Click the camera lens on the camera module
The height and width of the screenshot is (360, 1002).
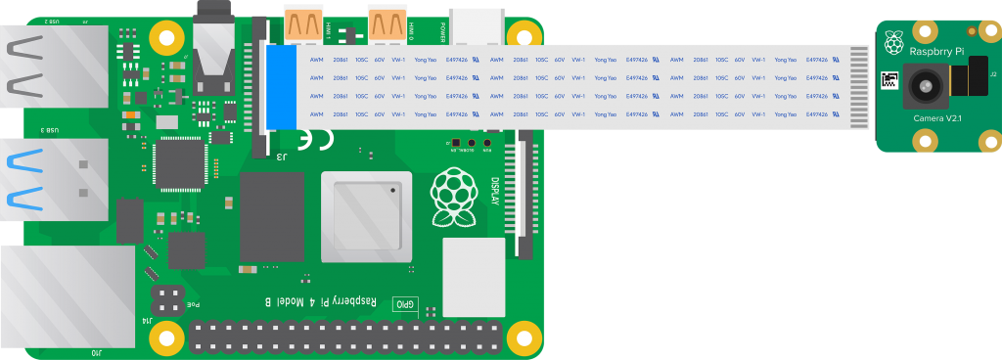(923, 88)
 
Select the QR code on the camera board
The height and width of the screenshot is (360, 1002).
(888, 81)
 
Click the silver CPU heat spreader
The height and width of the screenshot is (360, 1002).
(365, 216)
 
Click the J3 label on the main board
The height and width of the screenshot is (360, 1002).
(281, 156)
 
